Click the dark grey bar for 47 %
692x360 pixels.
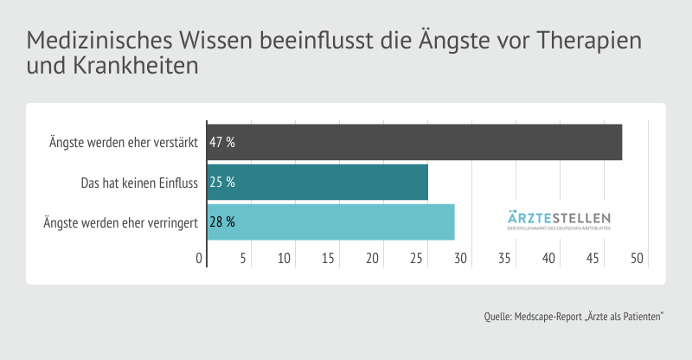(415, 142)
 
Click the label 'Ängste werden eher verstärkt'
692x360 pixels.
(125, 142)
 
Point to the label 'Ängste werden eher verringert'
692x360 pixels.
(121, 222)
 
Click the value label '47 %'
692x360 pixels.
(222, 142)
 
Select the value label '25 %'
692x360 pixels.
(222, 183)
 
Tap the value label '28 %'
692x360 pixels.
(222, 222)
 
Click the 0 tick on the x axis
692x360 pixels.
(200, 258)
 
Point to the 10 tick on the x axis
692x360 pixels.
(285, 258)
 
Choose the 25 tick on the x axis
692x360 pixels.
(417, 258)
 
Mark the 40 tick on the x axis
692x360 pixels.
(548, 258)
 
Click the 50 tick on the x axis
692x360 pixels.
(637, 258)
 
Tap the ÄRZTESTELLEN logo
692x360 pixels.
(559, 221)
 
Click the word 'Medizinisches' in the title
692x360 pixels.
(99, 42)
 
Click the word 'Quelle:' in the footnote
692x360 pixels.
(499, 317)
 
